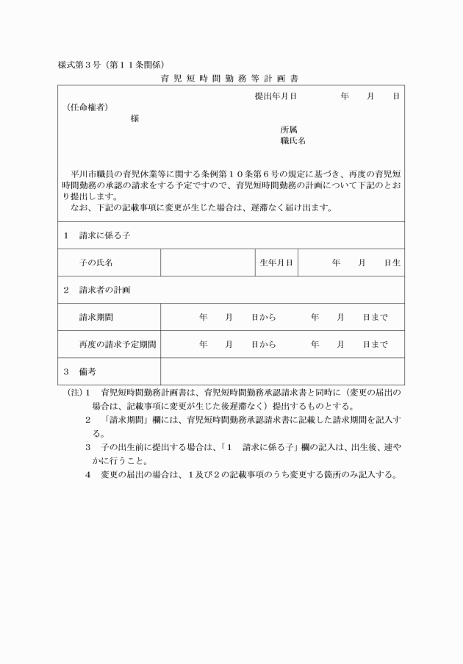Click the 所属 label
(x=289, y=129)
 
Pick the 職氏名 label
(x=292, y=140)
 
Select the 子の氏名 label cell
(x=96, y=263)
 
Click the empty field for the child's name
(x=208, y=263)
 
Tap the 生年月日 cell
(x=277, y=263)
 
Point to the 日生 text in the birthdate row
(x=392, y=263)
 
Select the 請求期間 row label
(x=96, y=318)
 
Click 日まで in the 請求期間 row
(x=375, y=318)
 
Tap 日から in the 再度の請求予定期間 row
(x=263, y=344)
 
